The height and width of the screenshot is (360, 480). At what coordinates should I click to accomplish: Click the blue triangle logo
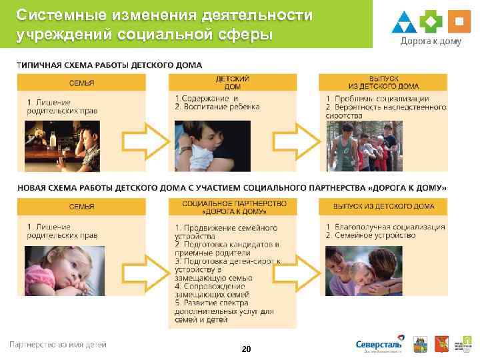404,22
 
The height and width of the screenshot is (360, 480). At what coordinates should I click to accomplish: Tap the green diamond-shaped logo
431,21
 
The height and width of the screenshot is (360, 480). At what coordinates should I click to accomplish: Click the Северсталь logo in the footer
379,345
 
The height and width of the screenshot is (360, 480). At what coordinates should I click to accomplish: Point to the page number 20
246,349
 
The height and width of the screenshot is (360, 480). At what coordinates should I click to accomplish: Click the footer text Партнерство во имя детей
57,345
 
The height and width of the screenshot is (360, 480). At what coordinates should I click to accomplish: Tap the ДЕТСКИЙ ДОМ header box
233,83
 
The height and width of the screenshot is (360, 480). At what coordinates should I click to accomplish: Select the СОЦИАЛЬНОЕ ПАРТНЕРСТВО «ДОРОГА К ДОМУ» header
233,207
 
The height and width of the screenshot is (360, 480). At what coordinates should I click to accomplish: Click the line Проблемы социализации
387,99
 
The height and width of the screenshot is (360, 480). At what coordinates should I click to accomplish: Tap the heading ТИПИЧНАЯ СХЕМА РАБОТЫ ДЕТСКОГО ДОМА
110,65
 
